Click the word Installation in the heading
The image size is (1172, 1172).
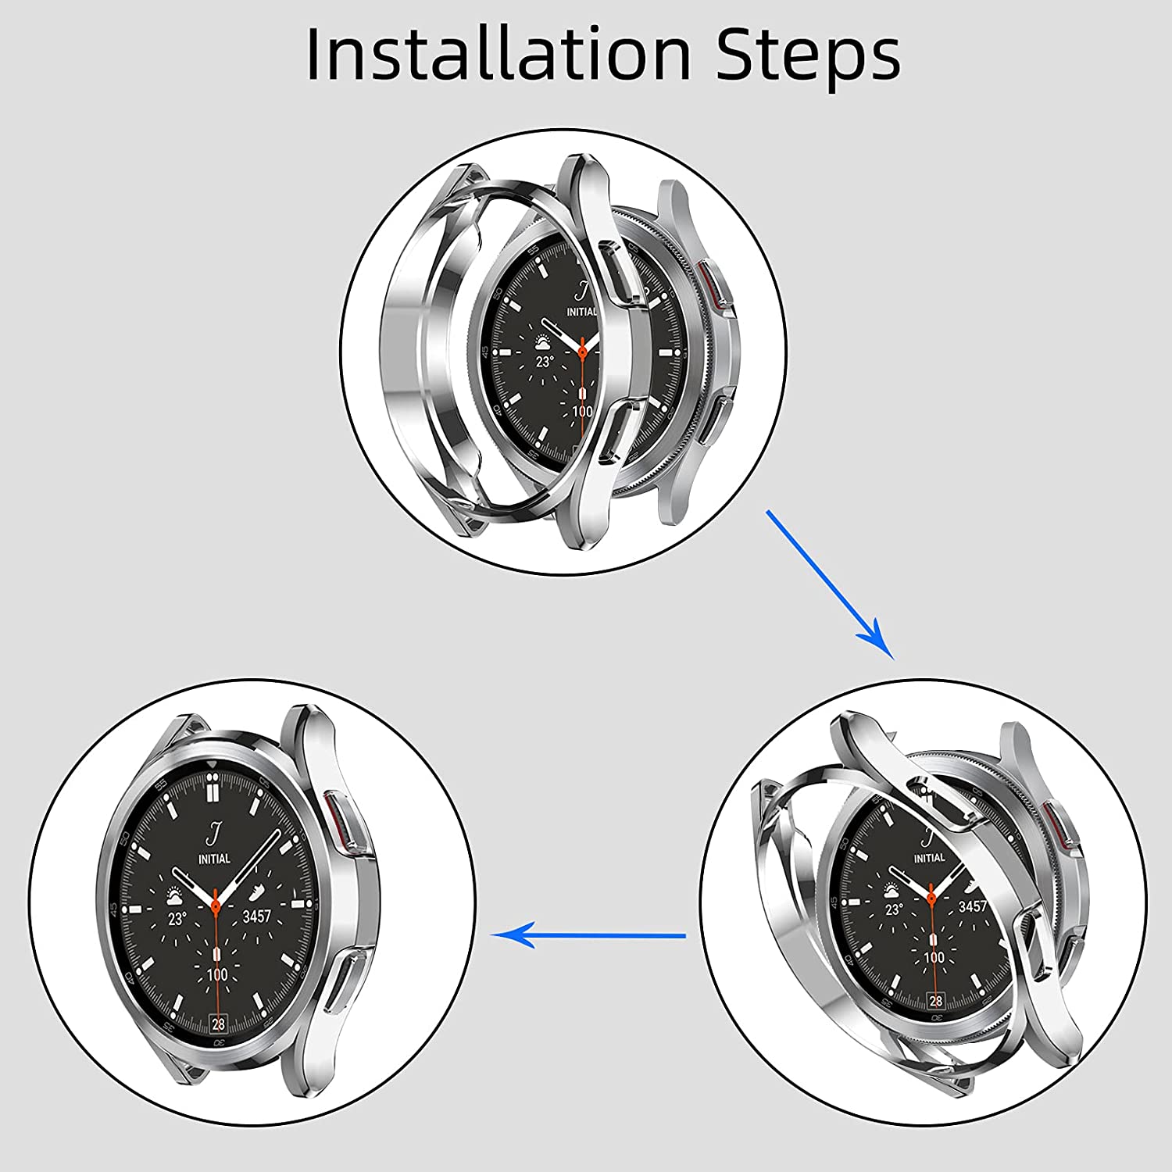tap(498, 53)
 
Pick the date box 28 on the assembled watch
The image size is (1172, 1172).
tap(218, 1024)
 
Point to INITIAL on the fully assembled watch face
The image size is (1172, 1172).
tap(214, 859)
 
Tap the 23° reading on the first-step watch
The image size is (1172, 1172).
tap(544, 362)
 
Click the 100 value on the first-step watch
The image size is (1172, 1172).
tap(582, 412)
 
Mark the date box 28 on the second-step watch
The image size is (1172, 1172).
tap(936, 1001)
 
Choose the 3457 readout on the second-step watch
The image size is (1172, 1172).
tap(974, 906)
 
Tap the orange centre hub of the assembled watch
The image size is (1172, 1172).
tap(215, 905)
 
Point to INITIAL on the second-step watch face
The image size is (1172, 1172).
tap(929, 858)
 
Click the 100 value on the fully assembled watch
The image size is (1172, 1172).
tap(217, 975)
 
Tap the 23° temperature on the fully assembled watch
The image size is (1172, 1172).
tap(177, 919)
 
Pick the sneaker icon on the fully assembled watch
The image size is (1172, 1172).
tap(256, 893)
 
